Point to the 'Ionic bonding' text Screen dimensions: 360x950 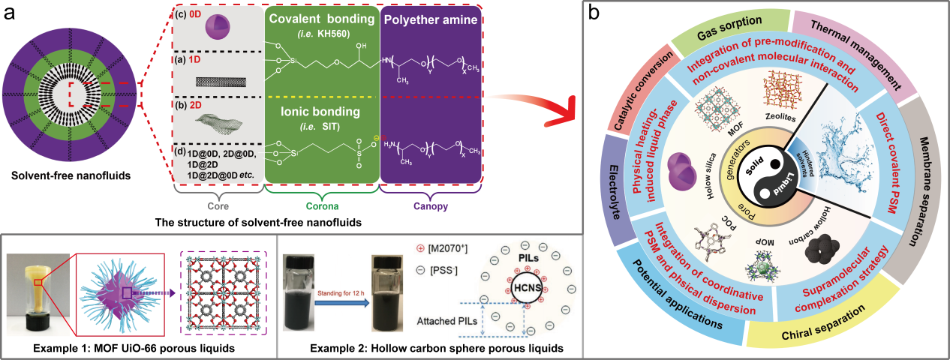tap(321, 112)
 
